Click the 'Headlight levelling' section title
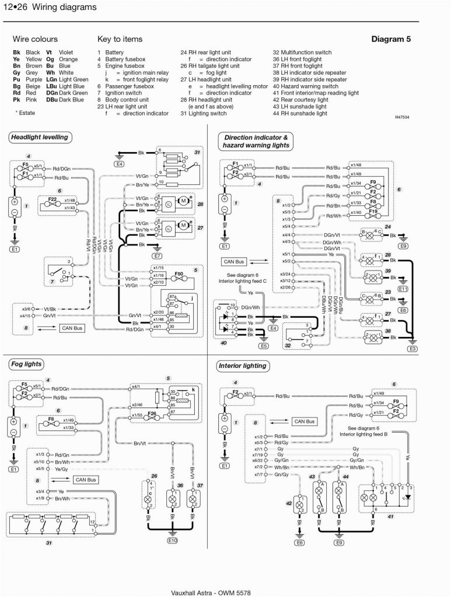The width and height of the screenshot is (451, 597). [39, 138]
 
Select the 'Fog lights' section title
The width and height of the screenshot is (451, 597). [26, 364]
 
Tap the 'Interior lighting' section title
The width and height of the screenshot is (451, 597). [242, 366]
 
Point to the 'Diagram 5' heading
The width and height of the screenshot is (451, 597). [391, 39]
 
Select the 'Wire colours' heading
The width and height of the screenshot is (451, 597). [35, 39]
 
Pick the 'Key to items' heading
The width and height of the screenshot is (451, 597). [120, 39]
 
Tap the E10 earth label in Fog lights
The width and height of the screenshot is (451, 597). [172, 540]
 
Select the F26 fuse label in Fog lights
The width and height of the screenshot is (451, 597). [153, 415]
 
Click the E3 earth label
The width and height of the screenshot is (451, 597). [412, 349]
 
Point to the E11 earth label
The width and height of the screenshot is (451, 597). [403, 289]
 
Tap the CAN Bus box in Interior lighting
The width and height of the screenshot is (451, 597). [305, 421]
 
